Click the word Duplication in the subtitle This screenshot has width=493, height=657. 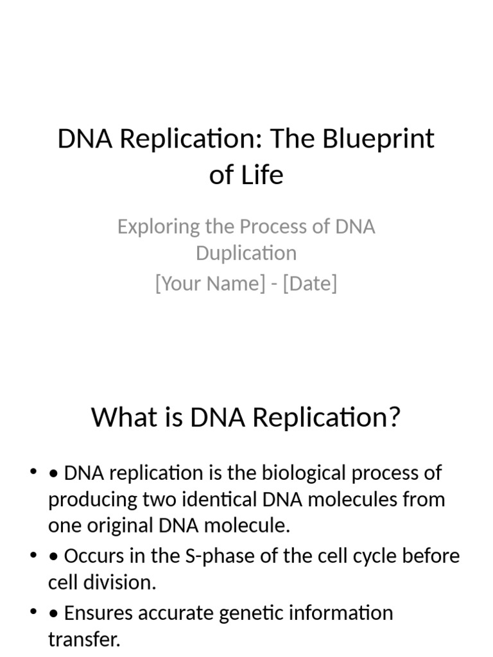click(246, 253)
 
